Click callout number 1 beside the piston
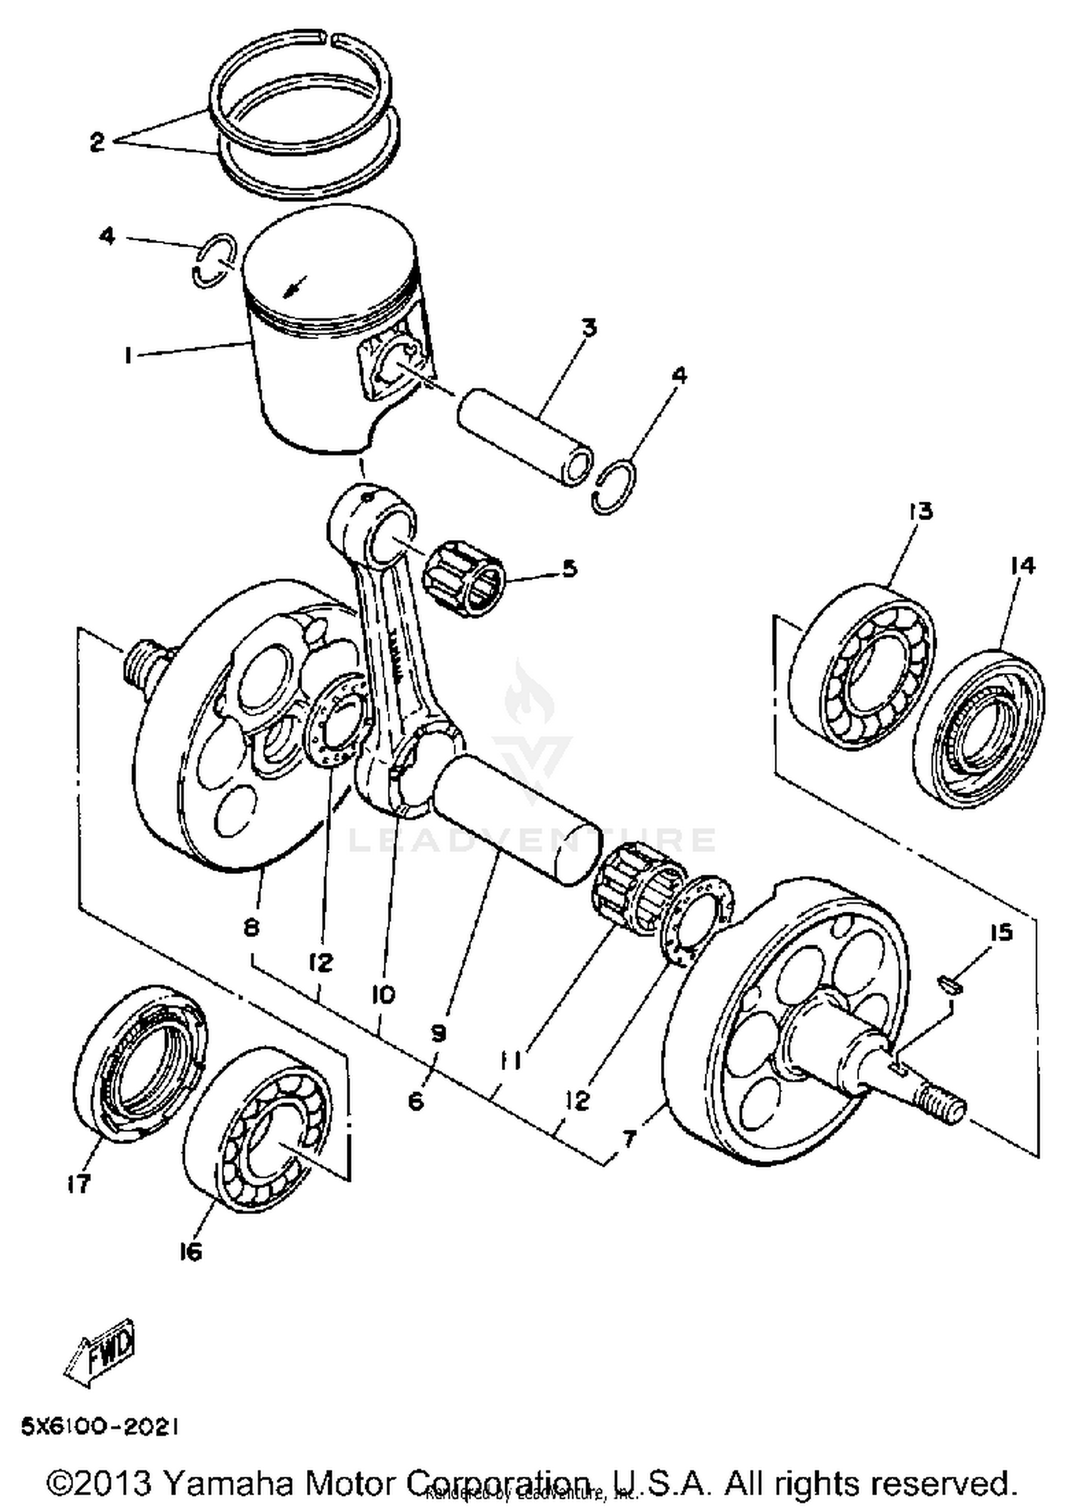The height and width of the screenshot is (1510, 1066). (129, 355)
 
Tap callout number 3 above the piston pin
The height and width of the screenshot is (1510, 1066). (589, 328)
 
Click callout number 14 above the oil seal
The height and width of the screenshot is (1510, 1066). (1022, 566)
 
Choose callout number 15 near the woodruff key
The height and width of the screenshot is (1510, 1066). (1001, 932)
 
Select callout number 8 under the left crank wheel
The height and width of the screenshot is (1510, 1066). (252, 928)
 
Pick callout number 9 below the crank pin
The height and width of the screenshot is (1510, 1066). (438, 1033)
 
